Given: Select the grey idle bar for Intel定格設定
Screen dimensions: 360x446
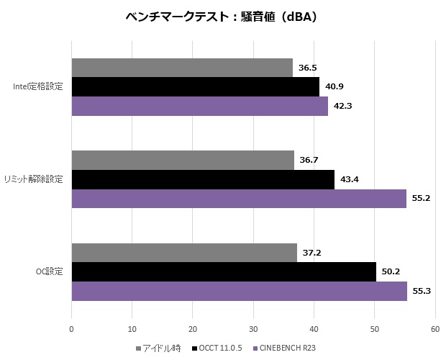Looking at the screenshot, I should point(182,68).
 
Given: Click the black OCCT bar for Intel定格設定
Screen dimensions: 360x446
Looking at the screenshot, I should point(195,86).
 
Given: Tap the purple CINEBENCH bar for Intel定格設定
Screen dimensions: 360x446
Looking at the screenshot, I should point(199,106).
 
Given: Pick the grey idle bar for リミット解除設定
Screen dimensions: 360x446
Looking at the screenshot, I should point(183,161).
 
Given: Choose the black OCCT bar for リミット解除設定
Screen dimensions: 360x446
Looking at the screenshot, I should point(203,179).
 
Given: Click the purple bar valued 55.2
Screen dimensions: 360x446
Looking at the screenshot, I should point(239,198).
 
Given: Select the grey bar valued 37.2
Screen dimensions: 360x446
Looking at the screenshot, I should point(184,253).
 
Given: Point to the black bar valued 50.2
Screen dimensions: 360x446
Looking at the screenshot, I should point(224,271).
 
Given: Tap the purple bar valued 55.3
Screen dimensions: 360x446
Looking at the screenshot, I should point(239,291).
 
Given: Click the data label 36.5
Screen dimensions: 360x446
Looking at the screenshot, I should point(308,68).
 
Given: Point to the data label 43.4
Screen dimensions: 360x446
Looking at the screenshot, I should point(350,179).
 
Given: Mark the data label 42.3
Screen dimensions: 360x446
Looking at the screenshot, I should point(342,106).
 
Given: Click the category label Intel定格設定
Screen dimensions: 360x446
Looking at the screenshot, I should point(38,87).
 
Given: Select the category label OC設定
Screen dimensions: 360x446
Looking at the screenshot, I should point(49,271).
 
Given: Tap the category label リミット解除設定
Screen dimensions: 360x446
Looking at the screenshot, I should point(33,179).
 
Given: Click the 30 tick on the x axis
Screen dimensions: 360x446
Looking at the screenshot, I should point(253,330).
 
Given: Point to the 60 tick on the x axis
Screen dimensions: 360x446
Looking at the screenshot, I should point(434,330).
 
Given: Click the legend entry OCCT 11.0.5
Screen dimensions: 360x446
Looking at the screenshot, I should point(219,348).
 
